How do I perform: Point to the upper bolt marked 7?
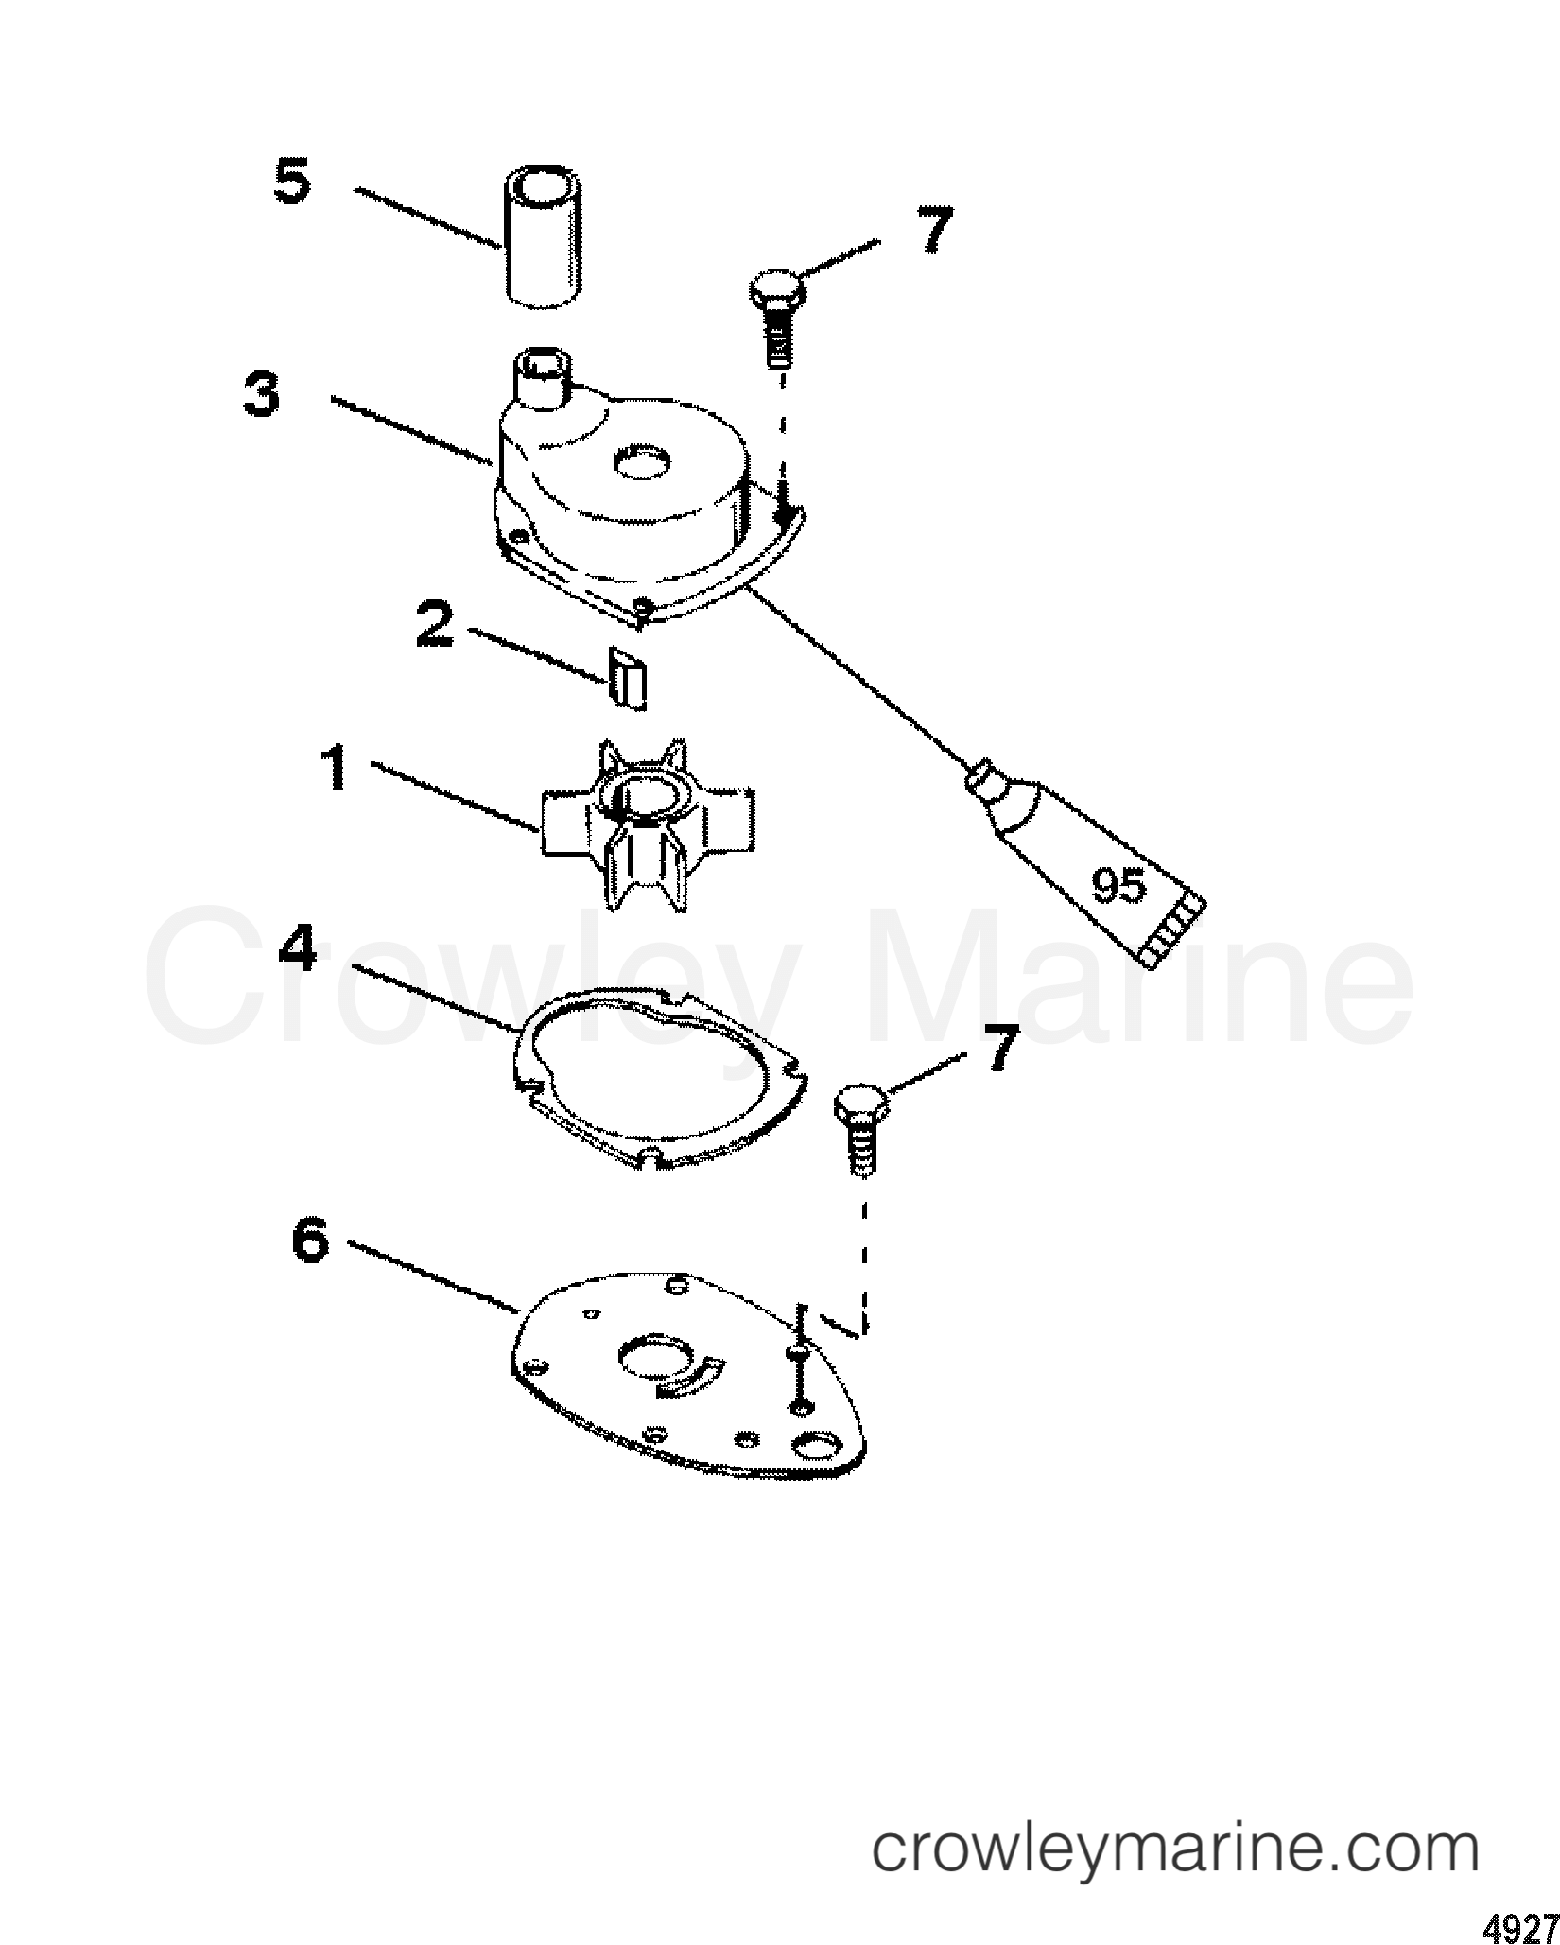pos(777,312)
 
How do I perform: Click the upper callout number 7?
pos(932,230)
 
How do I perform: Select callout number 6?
pos(310,1240)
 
